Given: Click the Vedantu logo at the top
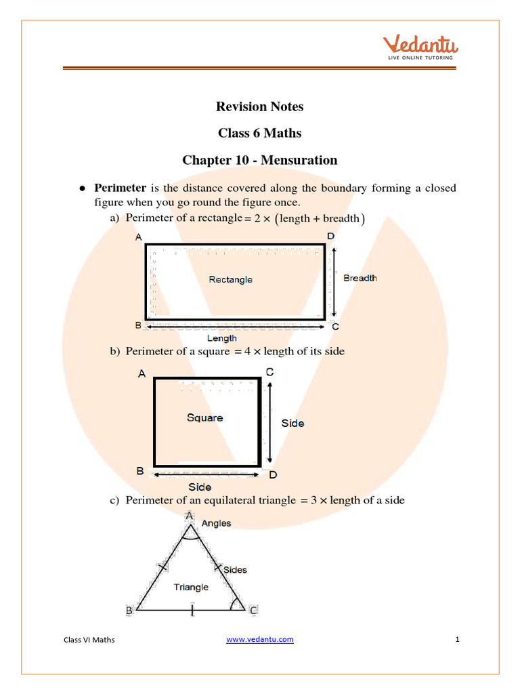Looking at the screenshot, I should pos(421,47).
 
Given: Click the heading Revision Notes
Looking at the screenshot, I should pos(259,106).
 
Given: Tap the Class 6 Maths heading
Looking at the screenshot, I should pos(259,134).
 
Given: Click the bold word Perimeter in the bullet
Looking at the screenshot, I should pos(120,188).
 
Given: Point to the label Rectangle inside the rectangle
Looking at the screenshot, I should pos(230,279).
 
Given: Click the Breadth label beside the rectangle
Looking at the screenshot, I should pos(360,278).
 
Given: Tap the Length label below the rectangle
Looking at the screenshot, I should pos(221,338).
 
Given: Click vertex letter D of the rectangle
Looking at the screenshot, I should pos(330,236).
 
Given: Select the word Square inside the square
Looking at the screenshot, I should pos(204,417).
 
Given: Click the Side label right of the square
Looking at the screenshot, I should pos(292,423).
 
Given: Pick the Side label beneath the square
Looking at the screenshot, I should pos(200,487).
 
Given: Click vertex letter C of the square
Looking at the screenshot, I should pos(269,372).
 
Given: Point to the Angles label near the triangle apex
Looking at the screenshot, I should pos(216,523).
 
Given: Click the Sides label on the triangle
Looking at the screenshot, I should pos(235,570).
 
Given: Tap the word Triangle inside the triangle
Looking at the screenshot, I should pos(191,587).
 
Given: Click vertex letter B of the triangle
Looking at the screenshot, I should pos(129,611).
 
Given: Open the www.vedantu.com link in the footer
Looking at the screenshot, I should pos(260,639).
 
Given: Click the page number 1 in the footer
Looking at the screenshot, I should pos(458,639).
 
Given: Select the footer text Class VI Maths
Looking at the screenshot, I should pos(89,640).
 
